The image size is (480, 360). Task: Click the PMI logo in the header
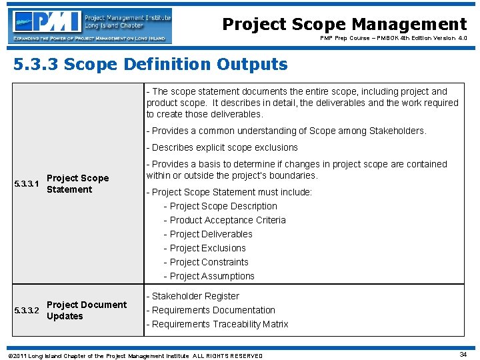tap(91, 26)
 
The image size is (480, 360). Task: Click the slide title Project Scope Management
tap(344, 25)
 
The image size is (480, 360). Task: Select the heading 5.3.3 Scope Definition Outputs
tap(150, 65)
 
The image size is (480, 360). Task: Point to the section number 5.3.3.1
tap(27, 184)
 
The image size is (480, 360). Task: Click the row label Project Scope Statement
tap(77, 184)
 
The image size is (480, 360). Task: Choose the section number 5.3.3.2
tap(27, 311)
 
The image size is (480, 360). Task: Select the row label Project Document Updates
tap(86, 311)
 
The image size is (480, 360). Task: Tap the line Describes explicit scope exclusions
tap(222, 147)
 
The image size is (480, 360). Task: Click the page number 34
tap(463, 355)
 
